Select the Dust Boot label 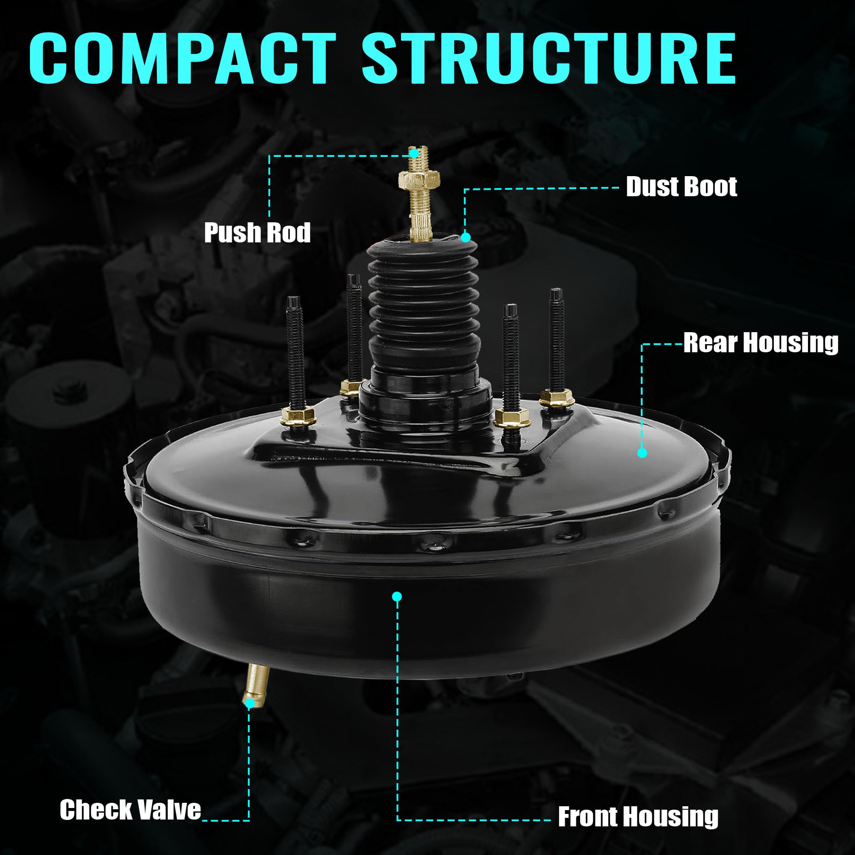coord(681,187)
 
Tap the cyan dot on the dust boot coord(466,238)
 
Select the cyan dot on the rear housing coord(643,453)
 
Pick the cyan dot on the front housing coord(397,596)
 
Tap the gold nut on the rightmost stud coord(557,397)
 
